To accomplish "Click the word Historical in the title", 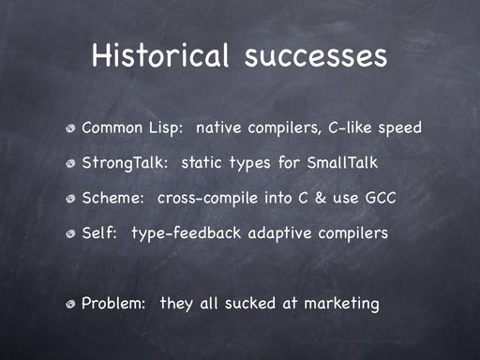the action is (160, 54).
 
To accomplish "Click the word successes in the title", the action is (316, 56).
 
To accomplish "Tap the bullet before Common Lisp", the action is (70, 128).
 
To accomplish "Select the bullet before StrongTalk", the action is (70, 163).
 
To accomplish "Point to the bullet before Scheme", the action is (70, 199).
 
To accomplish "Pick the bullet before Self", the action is (70, 233).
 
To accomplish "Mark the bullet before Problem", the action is (70, 304).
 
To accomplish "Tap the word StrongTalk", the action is (125, 163).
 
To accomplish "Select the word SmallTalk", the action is (342, 162).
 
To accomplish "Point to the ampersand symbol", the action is (320, 198).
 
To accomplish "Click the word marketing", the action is (341, 304).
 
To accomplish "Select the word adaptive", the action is (279, 233).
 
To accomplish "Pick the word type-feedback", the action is (187, 233).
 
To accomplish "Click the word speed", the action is (399, 128).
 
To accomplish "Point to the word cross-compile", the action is (207, 199).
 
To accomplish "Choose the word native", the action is (218, 127).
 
